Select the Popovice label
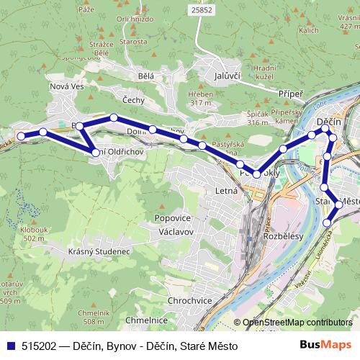click(x=171, y=217)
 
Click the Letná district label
click(x=226, y=192)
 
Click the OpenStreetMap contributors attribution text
click(x=297, y=323)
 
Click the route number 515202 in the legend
click(x=40, y=346)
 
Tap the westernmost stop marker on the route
click(x=21, y=136)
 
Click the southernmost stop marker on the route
click(x=328, y=222)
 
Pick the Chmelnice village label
click(x=147, y=320)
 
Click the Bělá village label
click(x=147, y=75)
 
